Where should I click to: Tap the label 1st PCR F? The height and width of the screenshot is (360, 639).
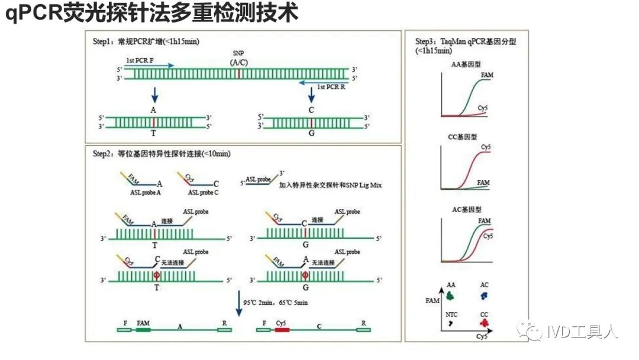(x=140, y=60)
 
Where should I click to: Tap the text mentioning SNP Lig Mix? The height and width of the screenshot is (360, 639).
(x=331, y=185)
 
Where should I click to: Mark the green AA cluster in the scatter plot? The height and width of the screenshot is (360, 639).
(x=451, y=295)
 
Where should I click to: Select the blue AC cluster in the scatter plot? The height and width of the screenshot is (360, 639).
(x=485, y=295)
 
